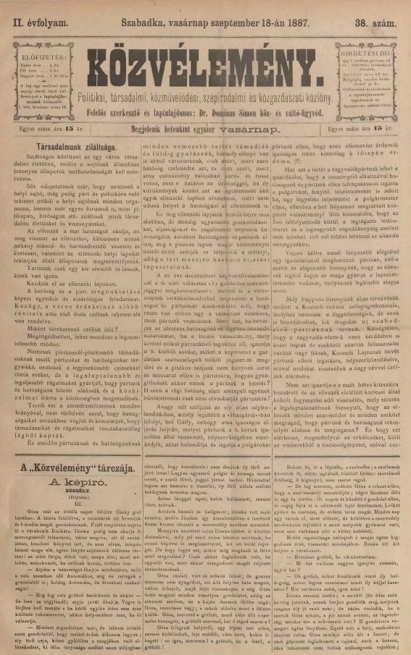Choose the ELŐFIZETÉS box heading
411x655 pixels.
click(x=46, y=54)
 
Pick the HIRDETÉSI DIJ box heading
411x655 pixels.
click(x=363, y=53)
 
